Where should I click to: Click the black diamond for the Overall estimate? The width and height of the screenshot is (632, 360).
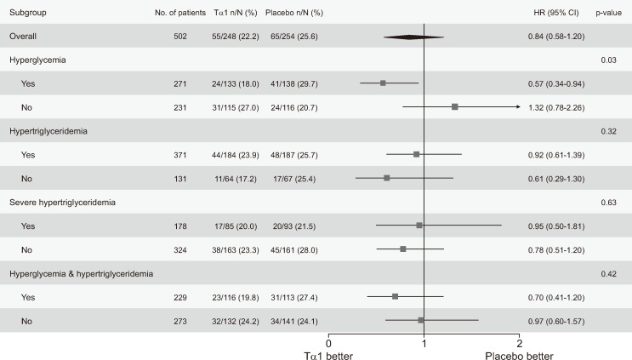tap(413, 37)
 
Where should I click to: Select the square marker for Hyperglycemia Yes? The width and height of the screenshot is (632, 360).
tap(383, 83)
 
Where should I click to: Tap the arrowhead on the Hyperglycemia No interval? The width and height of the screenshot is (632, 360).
tap(518, 107)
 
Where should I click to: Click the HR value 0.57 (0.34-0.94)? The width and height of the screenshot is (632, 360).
tap(556, 84)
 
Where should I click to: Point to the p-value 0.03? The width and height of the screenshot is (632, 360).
tap(608, 60)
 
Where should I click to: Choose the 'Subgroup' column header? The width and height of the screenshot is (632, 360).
tap(28, 13)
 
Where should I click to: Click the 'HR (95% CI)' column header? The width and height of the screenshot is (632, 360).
tap(556, 13)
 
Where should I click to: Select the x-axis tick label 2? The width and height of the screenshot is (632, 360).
tap(519, 344)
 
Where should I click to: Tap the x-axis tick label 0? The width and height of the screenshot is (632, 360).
tap(328, 344)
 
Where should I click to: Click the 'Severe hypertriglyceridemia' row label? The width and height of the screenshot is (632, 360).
tap(62, 203)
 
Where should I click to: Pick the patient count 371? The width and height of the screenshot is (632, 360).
tap(180, 155)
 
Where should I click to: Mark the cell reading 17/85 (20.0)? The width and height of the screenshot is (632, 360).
tap(236, 226)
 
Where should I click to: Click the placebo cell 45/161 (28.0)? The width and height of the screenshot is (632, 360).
tap(294, 250)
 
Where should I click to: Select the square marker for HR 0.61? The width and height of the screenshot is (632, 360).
tap(387, 178)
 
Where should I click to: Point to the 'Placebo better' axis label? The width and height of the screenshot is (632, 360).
tap(519, 356)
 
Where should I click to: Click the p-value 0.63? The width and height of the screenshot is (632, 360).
tap(608, 203)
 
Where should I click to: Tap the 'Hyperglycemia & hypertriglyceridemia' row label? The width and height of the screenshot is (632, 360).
tap(82, 274)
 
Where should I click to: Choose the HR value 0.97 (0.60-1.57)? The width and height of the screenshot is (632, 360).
tap(556, 322)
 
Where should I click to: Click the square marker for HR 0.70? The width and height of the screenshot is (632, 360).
tap(395, 297)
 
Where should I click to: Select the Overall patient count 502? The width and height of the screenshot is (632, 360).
tap(180, 37)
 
